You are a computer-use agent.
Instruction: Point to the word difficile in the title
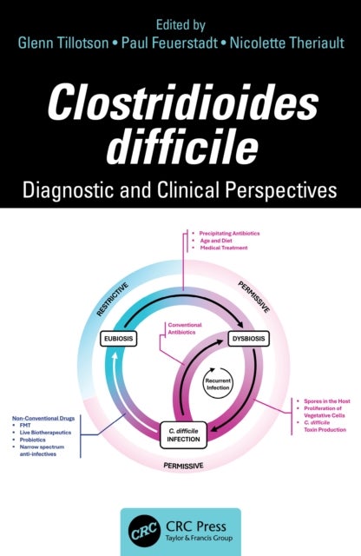pos(180,143)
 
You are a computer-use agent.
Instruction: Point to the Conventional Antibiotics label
pos(184,329)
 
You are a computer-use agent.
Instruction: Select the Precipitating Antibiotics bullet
pos(231,234)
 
